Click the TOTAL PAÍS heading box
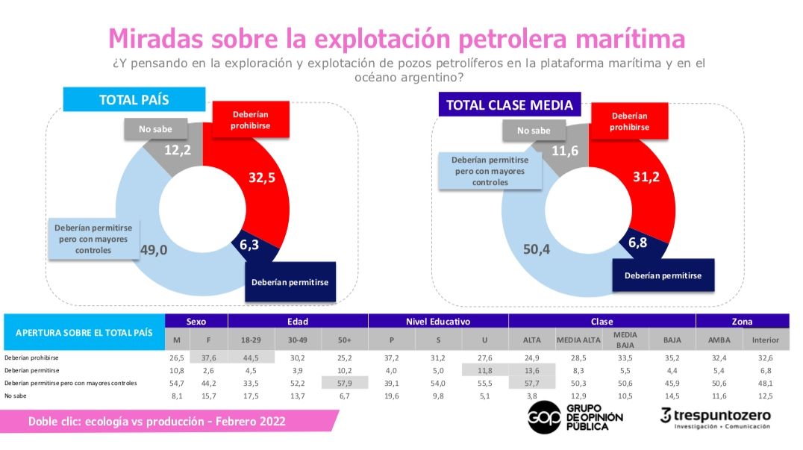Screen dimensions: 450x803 (x=134, y=99)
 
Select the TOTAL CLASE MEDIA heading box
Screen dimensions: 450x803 (x=510, y=104)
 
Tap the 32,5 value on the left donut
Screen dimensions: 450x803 (x=263, y=178)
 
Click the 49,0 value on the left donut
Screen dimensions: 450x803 (x=154, y=250)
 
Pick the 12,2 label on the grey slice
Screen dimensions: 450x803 (x=178, y=150)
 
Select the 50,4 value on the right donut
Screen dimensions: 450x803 (x=536, y=249)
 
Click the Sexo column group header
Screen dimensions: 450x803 (x=196, y=322)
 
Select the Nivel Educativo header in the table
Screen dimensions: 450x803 (x=438, y=322)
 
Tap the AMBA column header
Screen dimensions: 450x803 (x=719, y=340)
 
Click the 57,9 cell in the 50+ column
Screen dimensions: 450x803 (x=344, y=382)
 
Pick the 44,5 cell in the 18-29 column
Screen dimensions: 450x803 (x=250, y=357)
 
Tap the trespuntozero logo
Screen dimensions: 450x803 (x=716, y=418)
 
